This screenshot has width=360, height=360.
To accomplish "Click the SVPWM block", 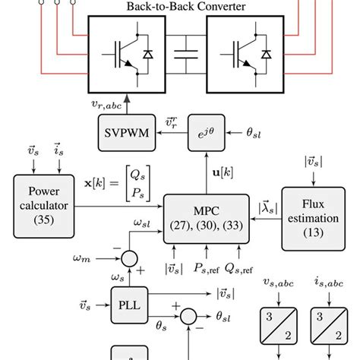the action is pyautogui.click(x=127, y=133).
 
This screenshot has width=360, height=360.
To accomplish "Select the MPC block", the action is pyautogui.click(x=207, y=219).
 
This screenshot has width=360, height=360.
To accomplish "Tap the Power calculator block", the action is pyautogui.click(x=44, y=207).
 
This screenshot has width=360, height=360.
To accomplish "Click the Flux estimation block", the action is pyautogui.click(x=314, y=219).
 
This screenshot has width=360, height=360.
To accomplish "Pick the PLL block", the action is pyautogui.click(x=129, y=305).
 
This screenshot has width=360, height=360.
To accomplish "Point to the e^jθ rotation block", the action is pyautogui.click(x=207, y=133).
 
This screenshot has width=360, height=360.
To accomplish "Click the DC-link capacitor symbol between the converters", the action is pyautogui.click(x=186, y=55).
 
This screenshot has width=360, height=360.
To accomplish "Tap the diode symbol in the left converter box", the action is pyautogui.click(x=148, y=55).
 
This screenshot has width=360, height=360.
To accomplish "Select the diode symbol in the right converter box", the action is pyautogui.click(x=266, y=55).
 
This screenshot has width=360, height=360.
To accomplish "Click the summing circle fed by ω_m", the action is pyautogui.click(x=129, y=259).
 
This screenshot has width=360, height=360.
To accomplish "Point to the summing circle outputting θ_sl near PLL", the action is pyautogui.click(x=188, y=317).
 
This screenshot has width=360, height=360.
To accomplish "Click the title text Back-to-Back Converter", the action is pyautogui.click(x=186, y=6).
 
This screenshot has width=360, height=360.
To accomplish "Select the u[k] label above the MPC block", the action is pyautogui.click(x=223, y=172).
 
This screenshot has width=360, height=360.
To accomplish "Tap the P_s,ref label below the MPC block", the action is pyautogui.click(x=207, y=268).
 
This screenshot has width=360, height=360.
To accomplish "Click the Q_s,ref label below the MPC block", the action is pyautogui.click(x=238, y=268).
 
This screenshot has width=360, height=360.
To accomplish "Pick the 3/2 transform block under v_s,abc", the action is pyautogui.click(x=279, y=326).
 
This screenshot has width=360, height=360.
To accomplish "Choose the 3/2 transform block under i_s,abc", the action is pyautogui.click(x=329, y=326).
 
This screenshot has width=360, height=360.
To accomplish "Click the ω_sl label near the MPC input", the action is pyautogui.click(x=142, y=223).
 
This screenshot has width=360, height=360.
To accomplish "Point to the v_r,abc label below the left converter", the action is pyautogui.click(x=106, y=104).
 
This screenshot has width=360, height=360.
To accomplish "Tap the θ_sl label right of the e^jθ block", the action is pyautogui.click(x=254, y=133).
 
